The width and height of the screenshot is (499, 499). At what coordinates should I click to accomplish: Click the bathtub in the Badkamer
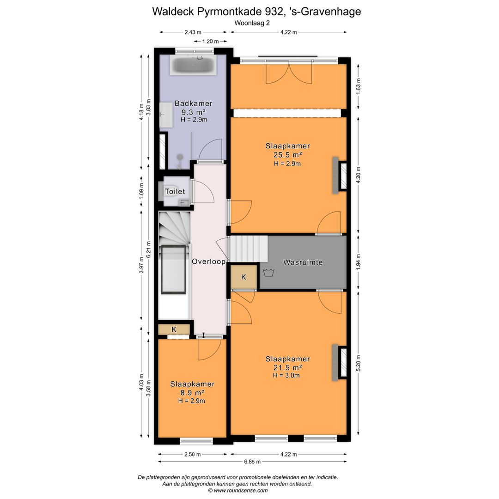[x=193, y=66]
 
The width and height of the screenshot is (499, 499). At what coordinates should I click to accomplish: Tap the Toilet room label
[x=175, y=191]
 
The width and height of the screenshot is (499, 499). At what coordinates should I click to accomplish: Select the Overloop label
[x=208, y=262]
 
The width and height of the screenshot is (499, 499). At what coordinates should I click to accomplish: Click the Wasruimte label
[x=303, y=262]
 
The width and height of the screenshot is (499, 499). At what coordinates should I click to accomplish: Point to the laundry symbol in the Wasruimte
[x=267, y=272]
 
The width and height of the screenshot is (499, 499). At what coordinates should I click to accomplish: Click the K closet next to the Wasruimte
[x=243, y=277]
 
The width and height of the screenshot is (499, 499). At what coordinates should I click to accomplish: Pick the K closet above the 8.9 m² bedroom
[x=174, y=329]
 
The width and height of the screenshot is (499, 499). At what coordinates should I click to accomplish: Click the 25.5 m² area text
[x=287, y=155]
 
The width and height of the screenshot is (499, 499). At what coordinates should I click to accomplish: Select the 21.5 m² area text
[x=287, y=367]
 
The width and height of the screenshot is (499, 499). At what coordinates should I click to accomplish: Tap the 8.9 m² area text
[x=192, y=393]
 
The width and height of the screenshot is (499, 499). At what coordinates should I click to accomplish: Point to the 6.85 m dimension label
[x=252, y=462]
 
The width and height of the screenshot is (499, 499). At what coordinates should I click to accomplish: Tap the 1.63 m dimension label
[x=359, y=85]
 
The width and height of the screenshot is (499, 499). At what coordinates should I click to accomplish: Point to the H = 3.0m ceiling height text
[x=286, y=375]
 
